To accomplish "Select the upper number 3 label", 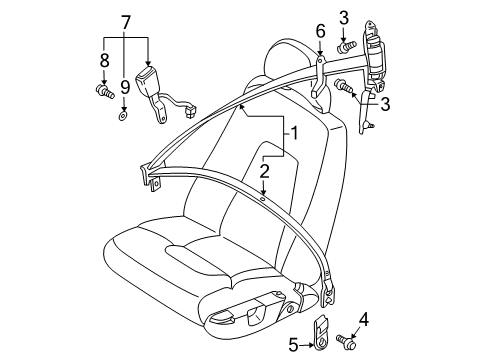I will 343,16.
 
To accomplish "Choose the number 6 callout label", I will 320,31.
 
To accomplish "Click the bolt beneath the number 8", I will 104,93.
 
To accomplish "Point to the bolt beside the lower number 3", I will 344,86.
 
